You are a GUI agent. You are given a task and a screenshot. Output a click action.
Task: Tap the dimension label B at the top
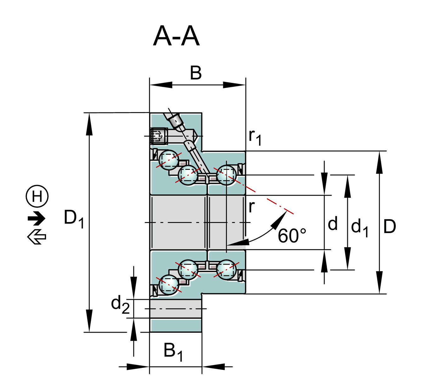196,73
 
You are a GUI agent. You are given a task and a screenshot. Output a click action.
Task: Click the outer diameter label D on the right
389,226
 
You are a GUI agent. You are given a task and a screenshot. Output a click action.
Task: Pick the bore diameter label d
333,224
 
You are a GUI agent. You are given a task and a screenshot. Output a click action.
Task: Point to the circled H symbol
37,196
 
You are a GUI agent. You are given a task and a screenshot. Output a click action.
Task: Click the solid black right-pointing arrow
37,218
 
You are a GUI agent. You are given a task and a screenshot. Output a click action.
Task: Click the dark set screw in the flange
159,136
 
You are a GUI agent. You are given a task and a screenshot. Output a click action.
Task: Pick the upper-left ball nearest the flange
169,160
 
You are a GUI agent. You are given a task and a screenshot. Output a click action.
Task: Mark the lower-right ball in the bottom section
226,269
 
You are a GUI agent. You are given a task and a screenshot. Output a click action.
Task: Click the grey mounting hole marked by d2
176,309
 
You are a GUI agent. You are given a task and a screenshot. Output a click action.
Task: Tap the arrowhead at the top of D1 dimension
89,120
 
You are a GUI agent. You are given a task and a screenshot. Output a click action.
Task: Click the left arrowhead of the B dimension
157,85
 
